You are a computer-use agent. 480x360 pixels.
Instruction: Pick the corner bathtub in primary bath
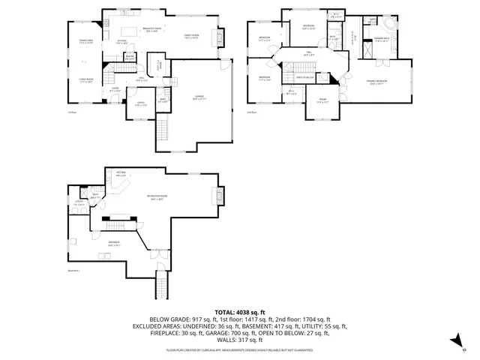click(393, 22)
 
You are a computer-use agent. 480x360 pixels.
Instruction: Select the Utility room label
click(79, 202)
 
